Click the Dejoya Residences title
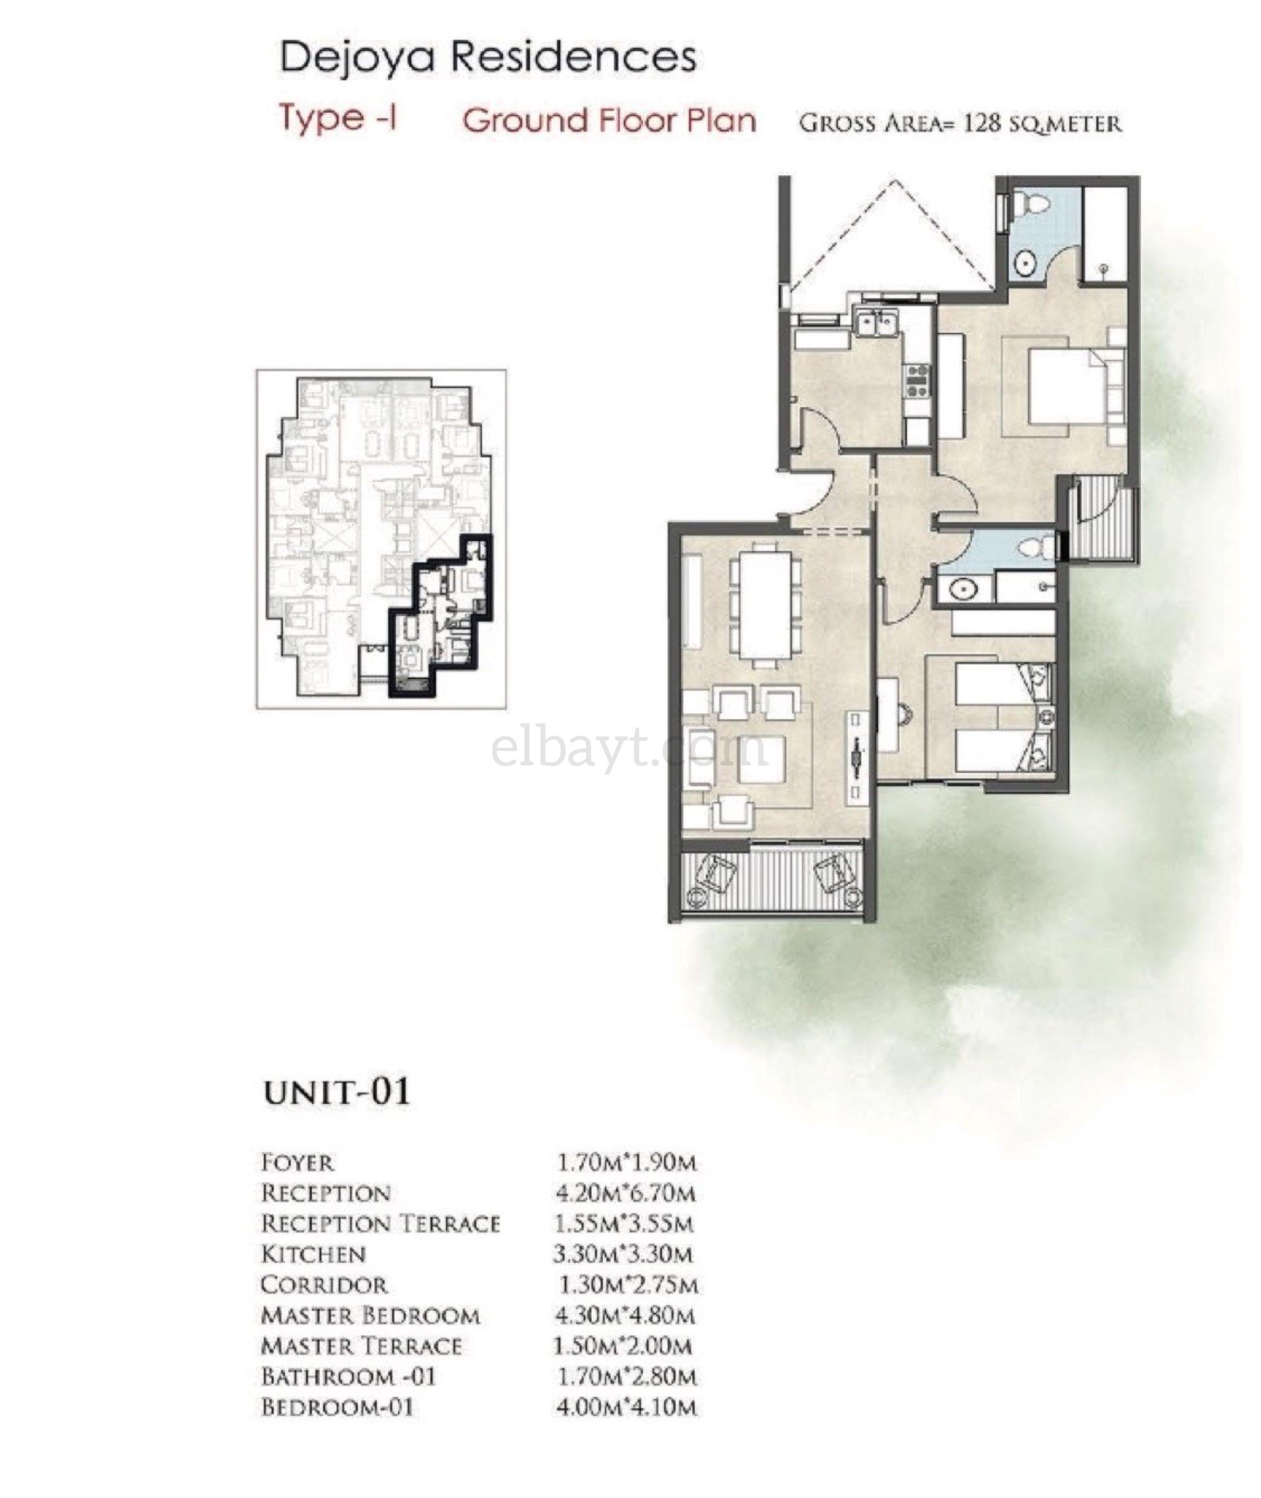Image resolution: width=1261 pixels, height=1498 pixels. (487, 57)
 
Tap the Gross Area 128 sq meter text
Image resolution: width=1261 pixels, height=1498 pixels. (960, 123)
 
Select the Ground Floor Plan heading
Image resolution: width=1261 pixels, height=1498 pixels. (609, 120)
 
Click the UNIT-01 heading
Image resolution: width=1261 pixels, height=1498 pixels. (337, 1092)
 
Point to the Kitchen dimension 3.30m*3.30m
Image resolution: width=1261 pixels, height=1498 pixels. (623, 1254)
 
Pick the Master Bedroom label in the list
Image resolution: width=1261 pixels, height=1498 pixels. (370, 1316)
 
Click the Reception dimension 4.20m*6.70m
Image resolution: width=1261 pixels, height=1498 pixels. (625, 1193)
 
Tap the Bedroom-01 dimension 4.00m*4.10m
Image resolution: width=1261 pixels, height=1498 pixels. (625, 1407)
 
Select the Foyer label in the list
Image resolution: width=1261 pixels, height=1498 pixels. (298, 1163)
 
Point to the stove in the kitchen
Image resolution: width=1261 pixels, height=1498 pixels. (917, 380)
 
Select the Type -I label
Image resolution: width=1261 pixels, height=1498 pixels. (338, 119)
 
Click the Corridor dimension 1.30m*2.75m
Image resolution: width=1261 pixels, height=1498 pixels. (627, 1285)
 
